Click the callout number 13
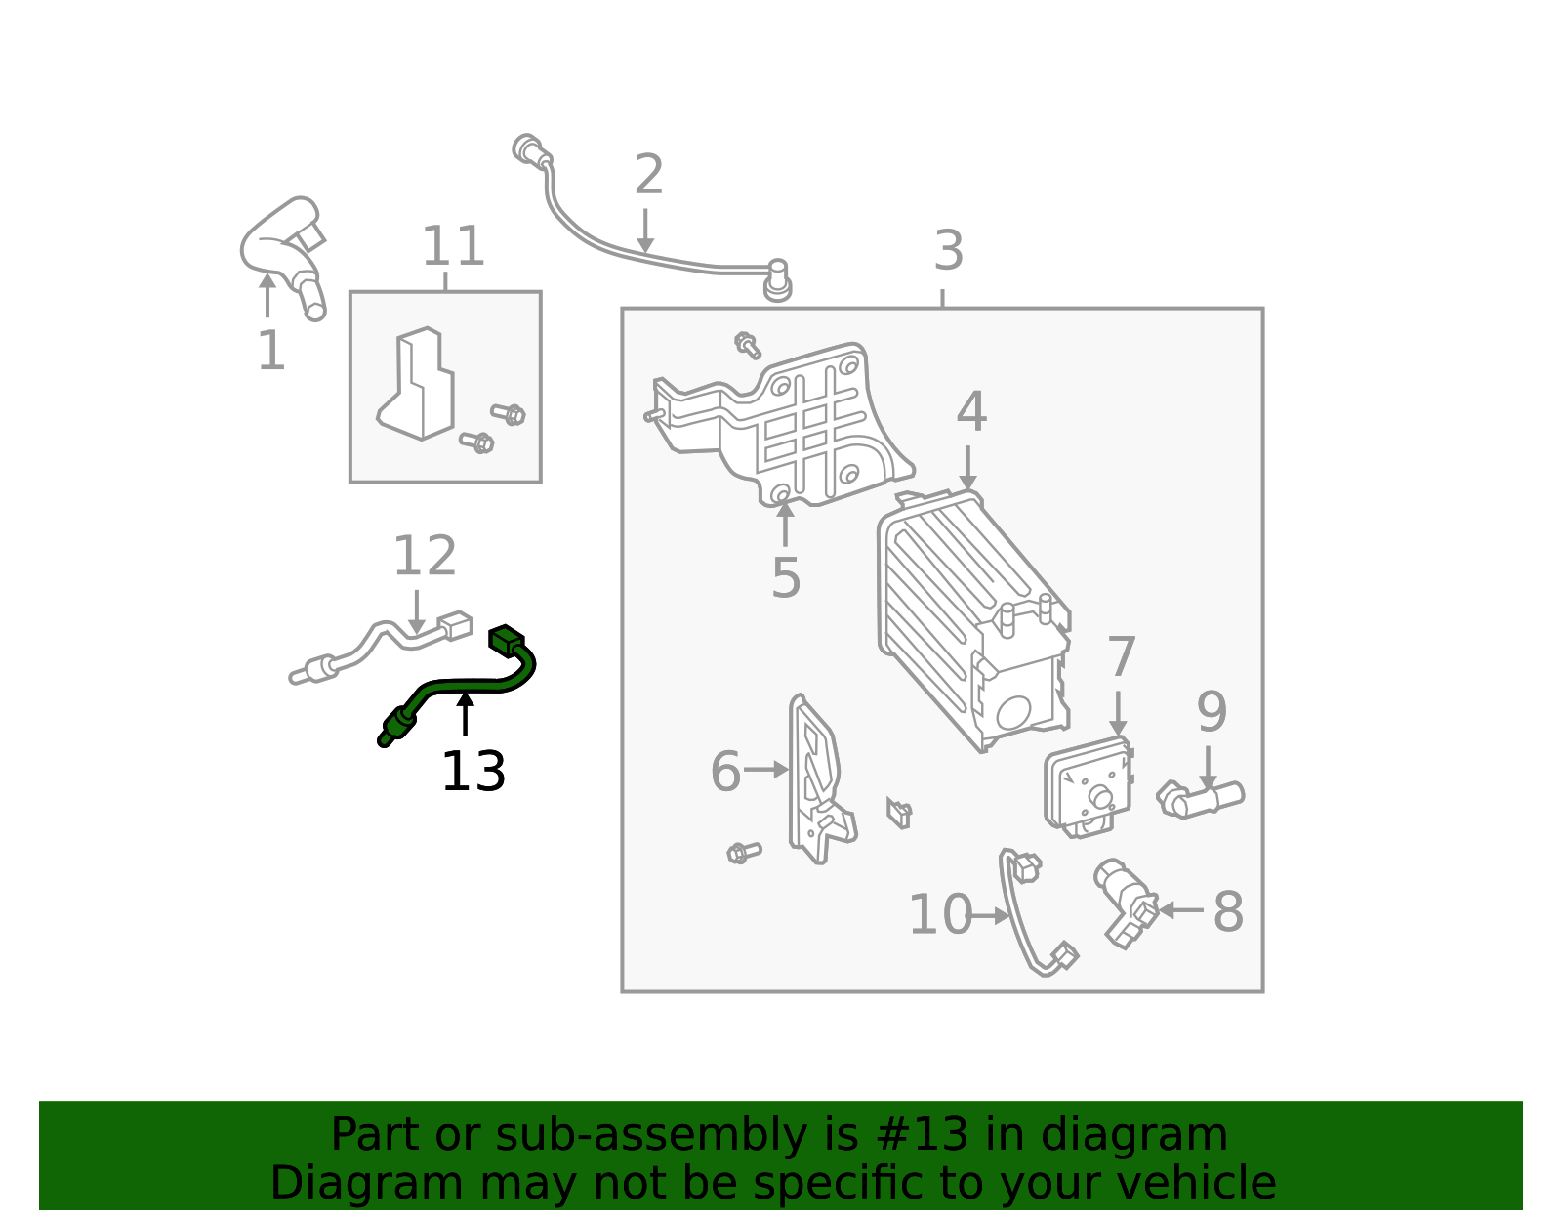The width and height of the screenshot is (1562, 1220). [473, 773]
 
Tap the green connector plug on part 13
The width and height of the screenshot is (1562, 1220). [506, 640]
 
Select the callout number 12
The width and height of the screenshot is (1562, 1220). [424, 557]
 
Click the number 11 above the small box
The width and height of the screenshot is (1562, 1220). [453, 247]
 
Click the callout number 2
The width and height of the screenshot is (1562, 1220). [648, 176]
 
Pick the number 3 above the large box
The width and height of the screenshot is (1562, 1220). [948, 251]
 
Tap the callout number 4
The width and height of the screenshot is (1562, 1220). [970, 412]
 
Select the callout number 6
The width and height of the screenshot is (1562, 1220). [725, 772]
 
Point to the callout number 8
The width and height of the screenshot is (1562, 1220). [1227, 912]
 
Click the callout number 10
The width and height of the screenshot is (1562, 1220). [939, 915]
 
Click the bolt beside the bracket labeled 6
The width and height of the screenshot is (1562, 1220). [744, 853]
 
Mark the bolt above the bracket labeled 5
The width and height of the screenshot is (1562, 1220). [748, 345]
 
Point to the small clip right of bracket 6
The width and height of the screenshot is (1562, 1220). [899, 812]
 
